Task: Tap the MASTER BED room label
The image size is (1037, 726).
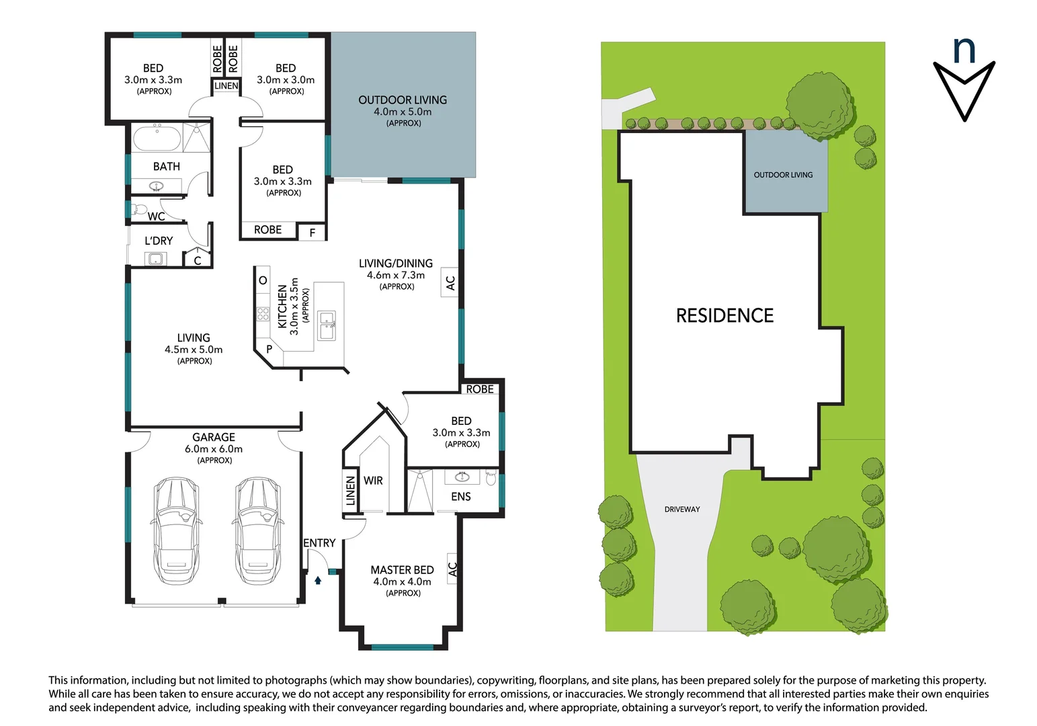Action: tap(402, 570)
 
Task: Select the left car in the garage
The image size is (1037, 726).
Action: tap(175, 530)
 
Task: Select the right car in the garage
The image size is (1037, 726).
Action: tap(258, 530)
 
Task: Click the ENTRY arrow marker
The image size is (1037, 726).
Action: tap(318, 579)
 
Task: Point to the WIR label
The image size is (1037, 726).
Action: tap(373, 481)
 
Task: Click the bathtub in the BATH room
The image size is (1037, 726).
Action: tap(157, 138)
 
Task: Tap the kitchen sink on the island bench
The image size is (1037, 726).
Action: tap(327, 325)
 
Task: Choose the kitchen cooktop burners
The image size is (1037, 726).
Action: tap(263, 314)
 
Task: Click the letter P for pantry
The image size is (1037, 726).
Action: tap(269, 350)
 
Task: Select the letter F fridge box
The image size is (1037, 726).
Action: tap(312, 233)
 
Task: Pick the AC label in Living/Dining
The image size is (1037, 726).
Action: tap(450, 282)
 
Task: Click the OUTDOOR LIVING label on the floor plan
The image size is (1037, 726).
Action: tap(403, 100)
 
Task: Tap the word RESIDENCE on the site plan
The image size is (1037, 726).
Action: tap(724, 316)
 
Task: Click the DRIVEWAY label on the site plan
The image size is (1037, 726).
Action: tap(682, 510)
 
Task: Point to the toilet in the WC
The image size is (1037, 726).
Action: tap(139, 209)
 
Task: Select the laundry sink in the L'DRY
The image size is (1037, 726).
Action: tap(156, 259)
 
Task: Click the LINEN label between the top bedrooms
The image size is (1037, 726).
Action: tap(226, 86)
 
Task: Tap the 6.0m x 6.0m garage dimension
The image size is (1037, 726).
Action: tap(214, 449)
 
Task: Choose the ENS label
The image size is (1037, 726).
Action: tap(461, 497)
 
